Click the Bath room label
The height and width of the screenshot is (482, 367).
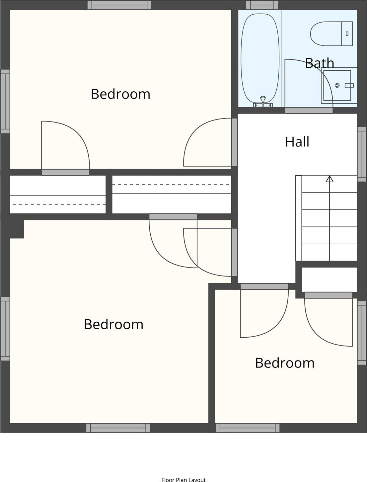coord(320,63)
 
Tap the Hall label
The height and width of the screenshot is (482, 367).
coord(297,142)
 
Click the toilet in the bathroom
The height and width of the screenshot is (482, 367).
coord(331,34)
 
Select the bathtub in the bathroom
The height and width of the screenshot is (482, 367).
coord(260,59)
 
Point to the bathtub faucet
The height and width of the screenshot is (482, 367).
coord(263,102)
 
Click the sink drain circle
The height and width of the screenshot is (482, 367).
coord(337,85)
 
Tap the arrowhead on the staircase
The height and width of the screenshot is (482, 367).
coord(330,179)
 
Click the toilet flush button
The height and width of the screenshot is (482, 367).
coord(347,34)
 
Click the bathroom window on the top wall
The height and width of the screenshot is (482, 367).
coord(262,5)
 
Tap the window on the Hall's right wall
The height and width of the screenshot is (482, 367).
coord(362,154)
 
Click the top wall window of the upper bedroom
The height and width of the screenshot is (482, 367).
coord(119,5)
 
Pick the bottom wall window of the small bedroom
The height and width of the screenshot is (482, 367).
coord(248,428)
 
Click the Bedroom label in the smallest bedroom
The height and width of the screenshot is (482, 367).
coord(285,362)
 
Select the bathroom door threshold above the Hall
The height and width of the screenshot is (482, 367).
coord(309,110)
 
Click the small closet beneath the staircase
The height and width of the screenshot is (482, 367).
coord(330,280)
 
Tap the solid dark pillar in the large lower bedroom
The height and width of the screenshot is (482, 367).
coord(17,229)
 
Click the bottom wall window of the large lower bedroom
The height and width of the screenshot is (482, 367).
coord(118,428)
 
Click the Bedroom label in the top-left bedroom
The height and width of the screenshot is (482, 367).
coord(120,94)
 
